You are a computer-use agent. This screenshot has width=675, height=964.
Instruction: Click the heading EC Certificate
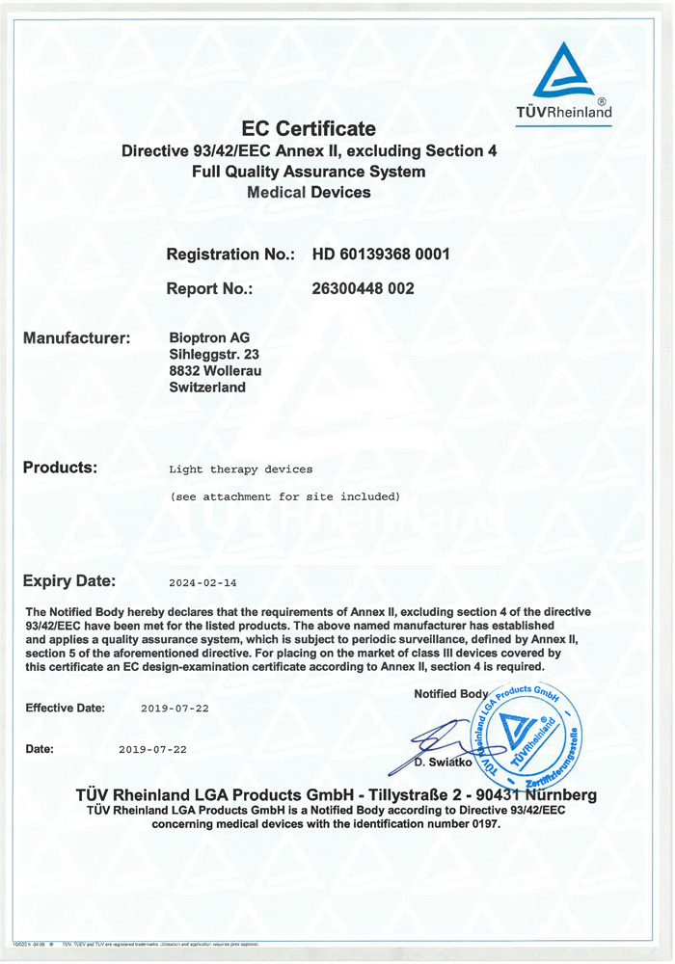pyautogui.click(x=309, y=128)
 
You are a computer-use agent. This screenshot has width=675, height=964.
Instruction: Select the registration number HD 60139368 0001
pyautogui.click(x=381, y=254)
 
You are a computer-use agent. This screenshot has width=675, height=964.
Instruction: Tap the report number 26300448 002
pyautogui.click(x=364, y=288)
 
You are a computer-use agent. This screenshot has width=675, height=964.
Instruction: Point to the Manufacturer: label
pyautogui.click(x=76, y=338)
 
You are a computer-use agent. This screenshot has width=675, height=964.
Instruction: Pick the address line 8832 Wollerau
pyautogui.click(x=215, y=371)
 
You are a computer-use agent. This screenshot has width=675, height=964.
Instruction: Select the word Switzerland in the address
pyautogui.click(x=207, y=388)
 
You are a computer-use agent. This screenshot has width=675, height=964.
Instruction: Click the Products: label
pyautogui.click(x=60, y=468)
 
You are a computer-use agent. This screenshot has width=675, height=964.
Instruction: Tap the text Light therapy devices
pyautogui.click(x=241, y=469)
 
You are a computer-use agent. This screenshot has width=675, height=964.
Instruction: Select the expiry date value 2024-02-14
pyautogui.click(x=202, y=583)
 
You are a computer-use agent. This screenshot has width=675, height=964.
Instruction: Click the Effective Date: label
pyautogui.click(x=65, y=708)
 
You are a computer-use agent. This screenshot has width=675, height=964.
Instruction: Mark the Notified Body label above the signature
pyautogui.click(x=451, y=694)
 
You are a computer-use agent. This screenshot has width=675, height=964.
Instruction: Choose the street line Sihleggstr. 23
pyautogui.click(x=214, y=355)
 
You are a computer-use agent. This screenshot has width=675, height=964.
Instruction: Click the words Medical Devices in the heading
pyautogui.click(x=309, y=192)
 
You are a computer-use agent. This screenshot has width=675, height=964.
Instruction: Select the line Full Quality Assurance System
pyautogui.click(x=309, y=172)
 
